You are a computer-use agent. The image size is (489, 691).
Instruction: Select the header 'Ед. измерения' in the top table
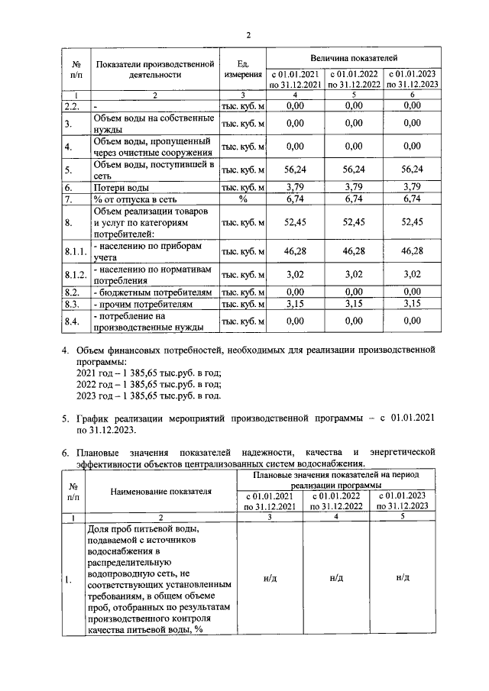tap(243, 70)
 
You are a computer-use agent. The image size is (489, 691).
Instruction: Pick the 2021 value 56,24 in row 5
tap(294, 170)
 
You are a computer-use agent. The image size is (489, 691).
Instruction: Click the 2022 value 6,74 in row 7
tap(352, 199)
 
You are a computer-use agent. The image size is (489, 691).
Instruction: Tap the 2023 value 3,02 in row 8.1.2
tap(412, 273)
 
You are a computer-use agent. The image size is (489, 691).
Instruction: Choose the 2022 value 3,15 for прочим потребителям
tap(352, 304)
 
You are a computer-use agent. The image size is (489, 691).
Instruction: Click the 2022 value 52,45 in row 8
tap(352, 222)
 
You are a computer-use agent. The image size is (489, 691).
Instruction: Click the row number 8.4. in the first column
tap(73, 321)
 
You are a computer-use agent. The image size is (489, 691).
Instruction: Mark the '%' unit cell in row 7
tap(243, 199)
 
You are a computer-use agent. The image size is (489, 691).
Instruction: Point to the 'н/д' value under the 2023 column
tap(403, 578)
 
